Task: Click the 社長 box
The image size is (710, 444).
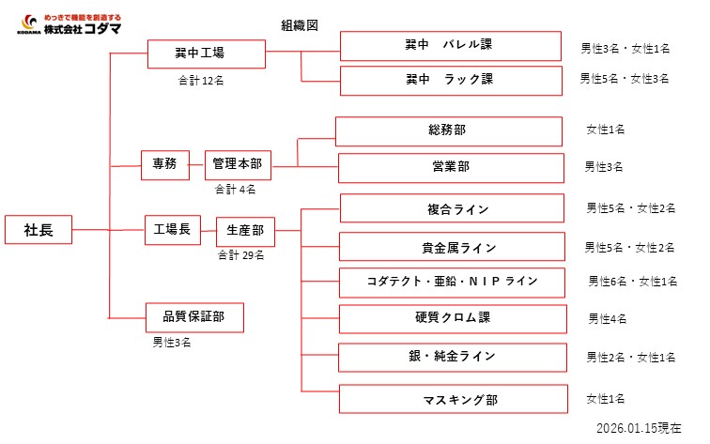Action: [x=39, y=230]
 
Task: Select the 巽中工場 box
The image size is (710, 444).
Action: [x=199, y=54]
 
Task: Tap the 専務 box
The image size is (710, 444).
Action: [x=164, y=164]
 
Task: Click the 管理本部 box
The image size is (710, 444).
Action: [x=238, y=164]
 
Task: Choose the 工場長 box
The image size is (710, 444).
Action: [x=172, y=229]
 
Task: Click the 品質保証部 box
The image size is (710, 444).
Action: [x=195, y=317]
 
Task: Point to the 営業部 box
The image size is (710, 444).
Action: [x=452, y=167]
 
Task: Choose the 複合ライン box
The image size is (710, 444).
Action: [x=452, y=208]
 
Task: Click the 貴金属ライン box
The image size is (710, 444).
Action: [x=452, y=248]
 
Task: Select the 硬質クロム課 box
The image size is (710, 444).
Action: [x=452, y=318]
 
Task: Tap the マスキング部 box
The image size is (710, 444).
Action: [x=454, y=400]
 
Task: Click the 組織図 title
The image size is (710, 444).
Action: [x=300, y=25]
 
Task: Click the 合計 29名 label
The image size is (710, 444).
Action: [x=240, y=254]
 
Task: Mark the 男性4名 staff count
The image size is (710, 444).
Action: [x=608, y=319]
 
